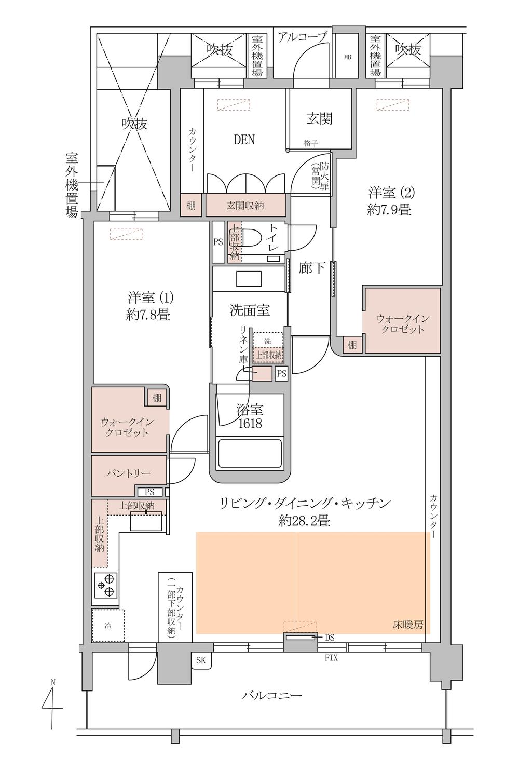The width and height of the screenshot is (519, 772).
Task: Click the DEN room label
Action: [244, 140]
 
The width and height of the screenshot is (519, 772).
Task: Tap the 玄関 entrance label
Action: [320, 118]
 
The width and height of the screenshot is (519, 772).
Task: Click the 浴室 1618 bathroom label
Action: [250, 416]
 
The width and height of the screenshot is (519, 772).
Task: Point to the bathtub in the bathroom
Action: [250, 453]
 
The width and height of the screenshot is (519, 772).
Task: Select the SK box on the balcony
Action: [201, 660]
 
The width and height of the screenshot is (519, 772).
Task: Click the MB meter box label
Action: [347, 57]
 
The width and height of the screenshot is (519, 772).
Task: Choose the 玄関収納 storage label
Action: [245, 206]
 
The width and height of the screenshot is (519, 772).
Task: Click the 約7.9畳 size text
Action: [389, 210]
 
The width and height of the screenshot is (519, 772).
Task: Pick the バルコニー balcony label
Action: [271, 694]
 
